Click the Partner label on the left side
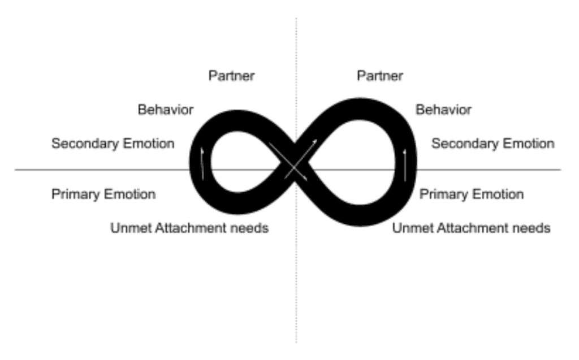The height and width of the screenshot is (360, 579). pos(231,76)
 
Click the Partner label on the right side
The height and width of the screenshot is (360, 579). pos(380,76)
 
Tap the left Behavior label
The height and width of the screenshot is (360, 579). pos(166,110)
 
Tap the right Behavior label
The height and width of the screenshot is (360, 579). pos(443,110)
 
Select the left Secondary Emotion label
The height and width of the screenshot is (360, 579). pos(113,143)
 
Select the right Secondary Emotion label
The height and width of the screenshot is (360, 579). pos(493,143)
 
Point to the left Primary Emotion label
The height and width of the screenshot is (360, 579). pos(103,194)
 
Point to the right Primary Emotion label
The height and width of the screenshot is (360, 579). pos(472,194)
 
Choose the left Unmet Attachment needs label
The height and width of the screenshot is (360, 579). pos(189,228)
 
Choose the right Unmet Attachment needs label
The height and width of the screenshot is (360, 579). pos(471,228)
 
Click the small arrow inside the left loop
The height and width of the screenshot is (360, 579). pos(202,164)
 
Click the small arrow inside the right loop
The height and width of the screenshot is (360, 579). pos(405,165)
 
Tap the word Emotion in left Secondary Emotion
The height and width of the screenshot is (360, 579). pos(149,143)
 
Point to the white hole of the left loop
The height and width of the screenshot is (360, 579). pos(240,162)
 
